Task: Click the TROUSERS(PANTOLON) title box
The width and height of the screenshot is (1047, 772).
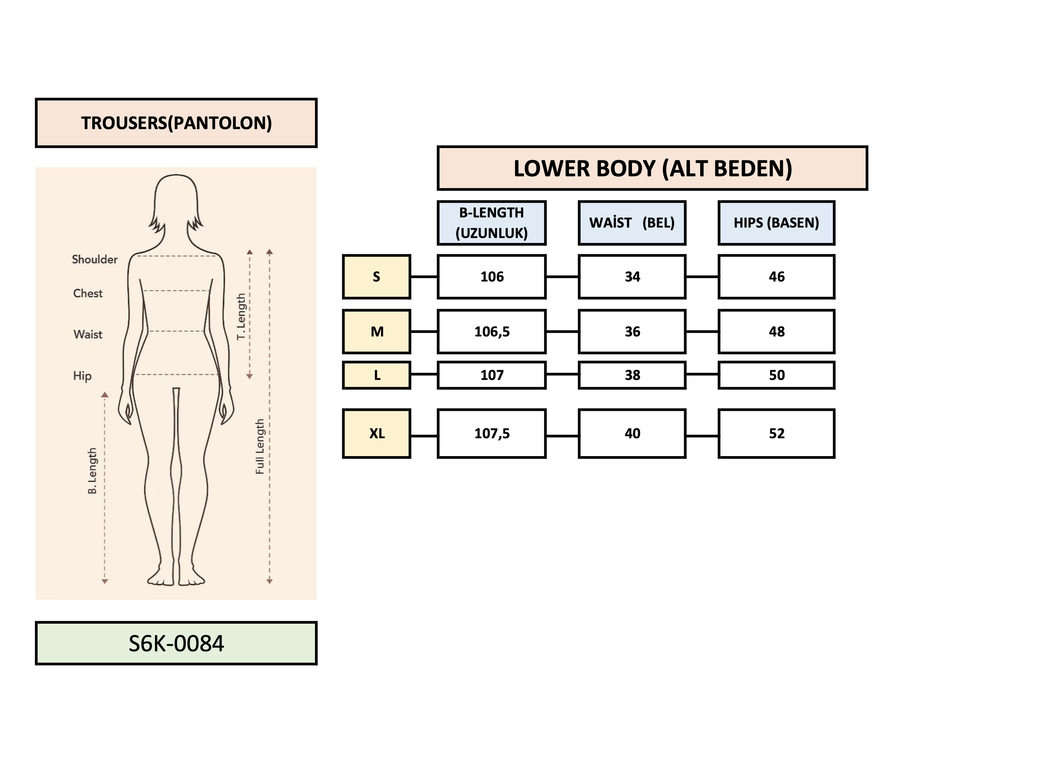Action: point(176,123)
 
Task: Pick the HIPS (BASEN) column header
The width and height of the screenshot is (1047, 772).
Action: point(776,223)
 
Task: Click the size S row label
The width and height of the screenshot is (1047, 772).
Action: point(376,277)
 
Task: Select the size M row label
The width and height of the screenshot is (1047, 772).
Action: point(376,331)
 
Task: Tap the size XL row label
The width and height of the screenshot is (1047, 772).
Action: point(376,433)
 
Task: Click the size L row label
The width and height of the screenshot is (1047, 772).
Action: point(376,375)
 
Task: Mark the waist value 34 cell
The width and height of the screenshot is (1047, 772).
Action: point(632,277)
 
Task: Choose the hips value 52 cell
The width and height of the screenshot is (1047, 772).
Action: point(776,433)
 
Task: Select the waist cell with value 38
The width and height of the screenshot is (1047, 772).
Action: point(632,375)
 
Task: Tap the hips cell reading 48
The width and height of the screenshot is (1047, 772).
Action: point(776,331)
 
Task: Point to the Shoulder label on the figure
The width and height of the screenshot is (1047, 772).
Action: point(94,259)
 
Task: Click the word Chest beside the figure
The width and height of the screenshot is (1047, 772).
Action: point(88,294)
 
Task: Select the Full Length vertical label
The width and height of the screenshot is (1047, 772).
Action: point(260,446)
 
